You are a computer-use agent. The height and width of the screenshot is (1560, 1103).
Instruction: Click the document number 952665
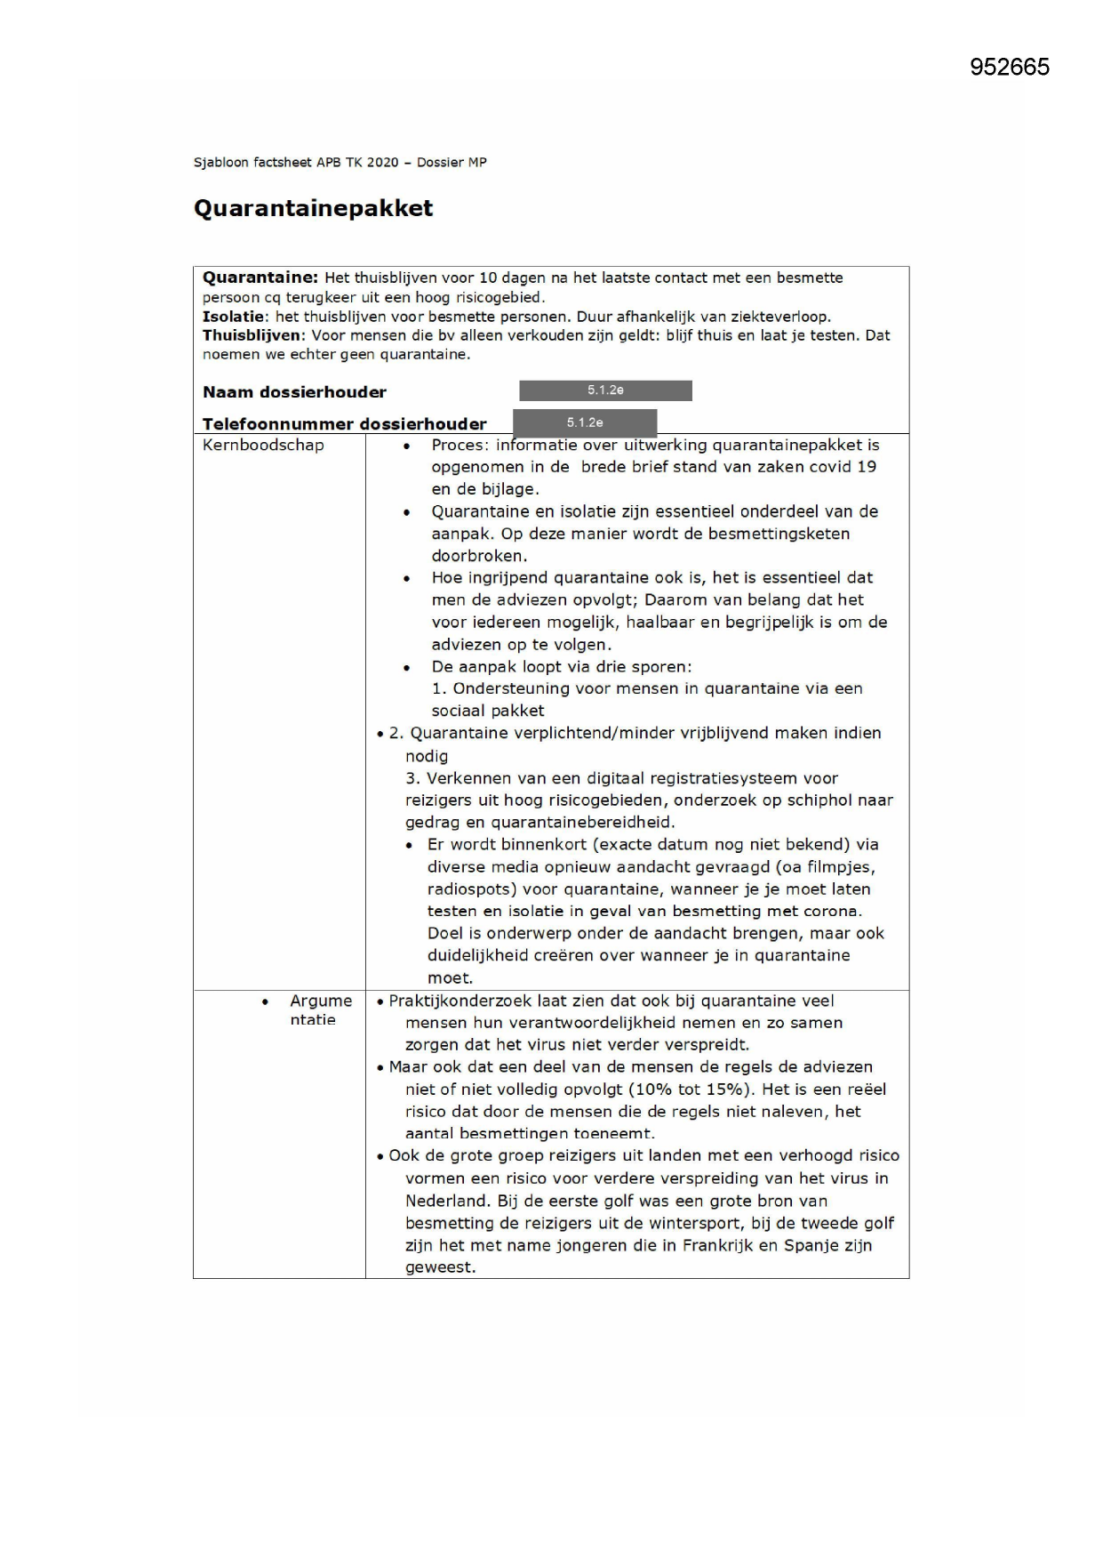point(1009,68)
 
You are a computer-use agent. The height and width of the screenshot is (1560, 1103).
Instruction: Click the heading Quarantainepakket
point(313,208)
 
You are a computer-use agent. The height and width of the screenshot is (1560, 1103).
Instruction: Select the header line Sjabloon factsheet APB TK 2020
point(340,163)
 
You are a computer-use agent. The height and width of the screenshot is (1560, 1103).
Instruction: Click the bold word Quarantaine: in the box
point(260,277)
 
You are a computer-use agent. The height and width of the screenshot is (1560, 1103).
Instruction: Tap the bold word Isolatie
point(233,317)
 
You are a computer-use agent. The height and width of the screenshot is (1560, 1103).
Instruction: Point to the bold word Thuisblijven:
point(253,335)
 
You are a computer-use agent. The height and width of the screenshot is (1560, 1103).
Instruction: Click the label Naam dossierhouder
point(294,392)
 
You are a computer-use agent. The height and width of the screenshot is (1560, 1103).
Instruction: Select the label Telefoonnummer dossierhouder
point(344,424)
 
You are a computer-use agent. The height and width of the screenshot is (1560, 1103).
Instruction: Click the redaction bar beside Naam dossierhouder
point(605,390)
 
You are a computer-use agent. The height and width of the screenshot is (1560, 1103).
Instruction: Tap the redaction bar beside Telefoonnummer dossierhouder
point(585,422)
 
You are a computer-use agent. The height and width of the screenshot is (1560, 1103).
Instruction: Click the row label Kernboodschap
point(263,446)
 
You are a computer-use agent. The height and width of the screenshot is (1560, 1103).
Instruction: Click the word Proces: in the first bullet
point(460,446)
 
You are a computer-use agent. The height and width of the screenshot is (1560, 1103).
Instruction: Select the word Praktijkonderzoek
point(460,1001)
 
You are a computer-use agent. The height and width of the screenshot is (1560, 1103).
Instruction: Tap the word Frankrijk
point(717,1245)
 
